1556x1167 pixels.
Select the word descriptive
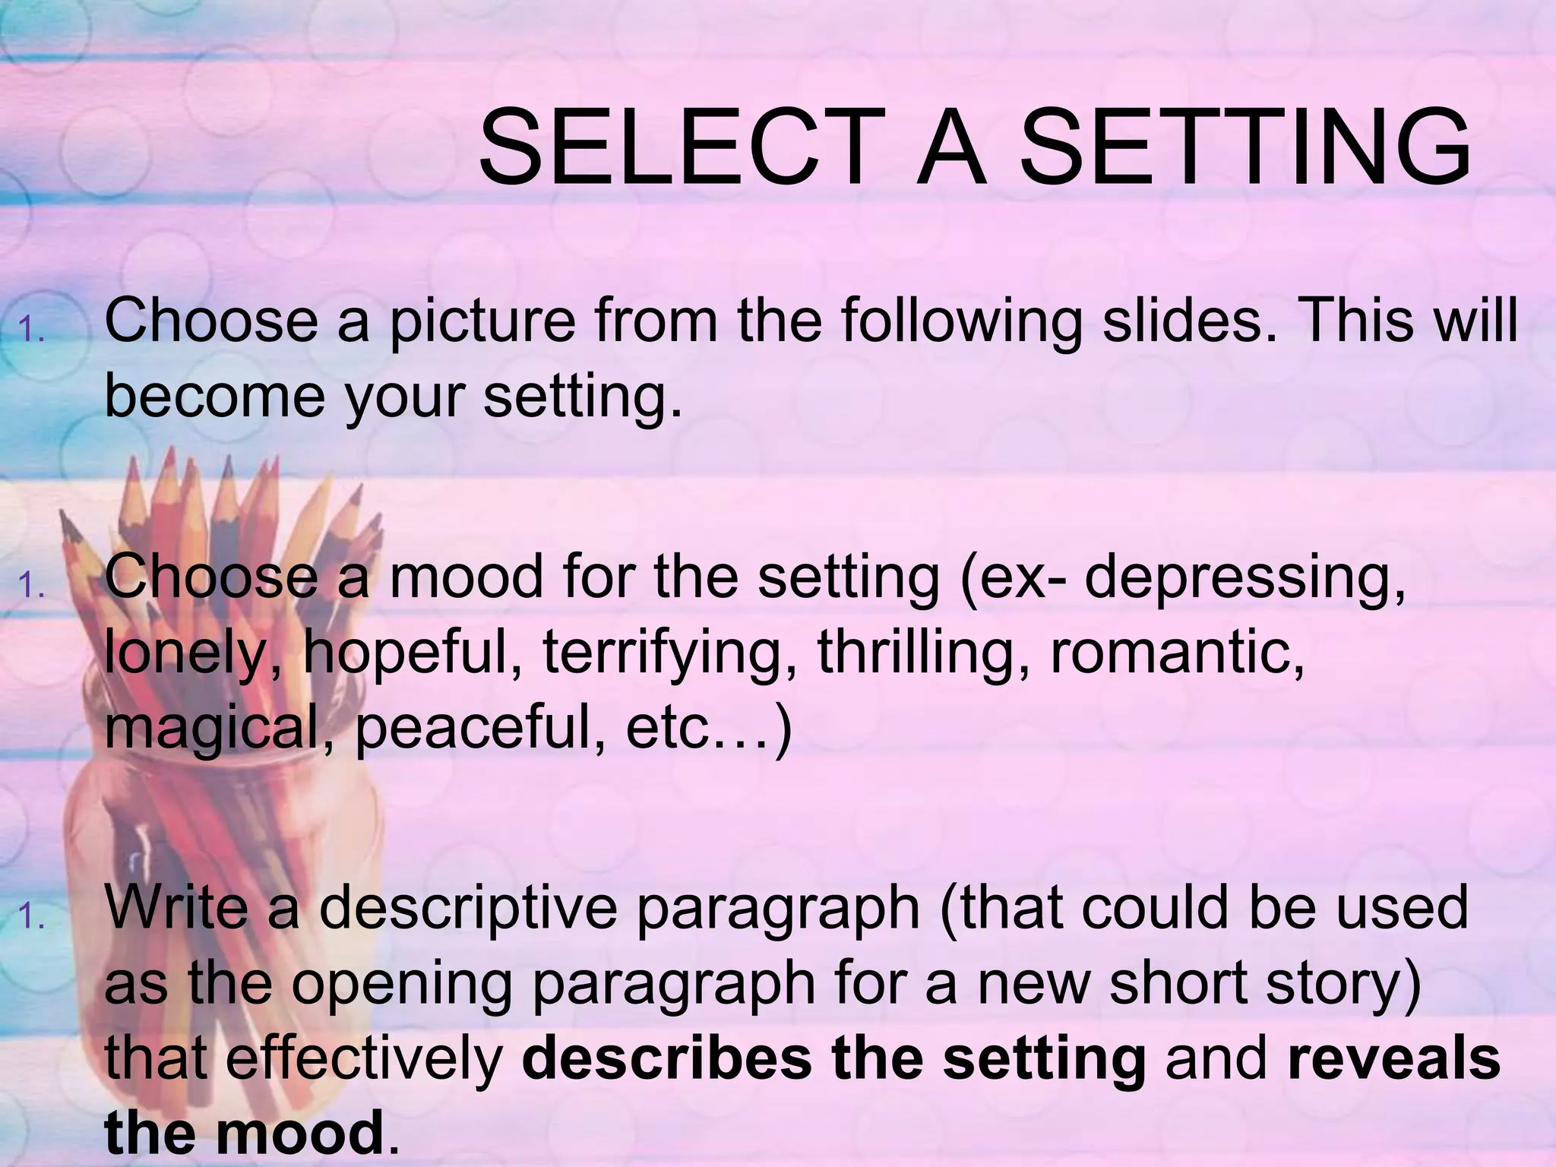(468, 909)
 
